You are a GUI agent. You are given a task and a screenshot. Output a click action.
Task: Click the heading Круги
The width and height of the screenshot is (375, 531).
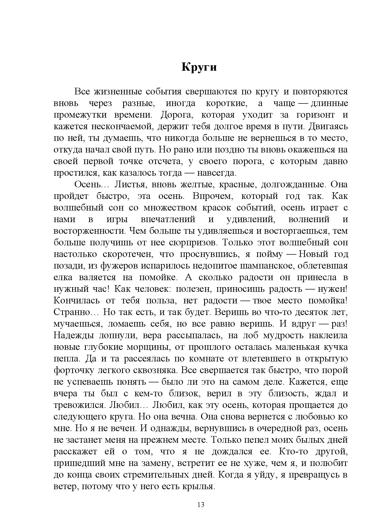click(x=199, y=67)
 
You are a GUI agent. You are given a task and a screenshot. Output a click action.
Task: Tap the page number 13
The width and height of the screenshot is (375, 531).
click(x=201, y=505)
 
